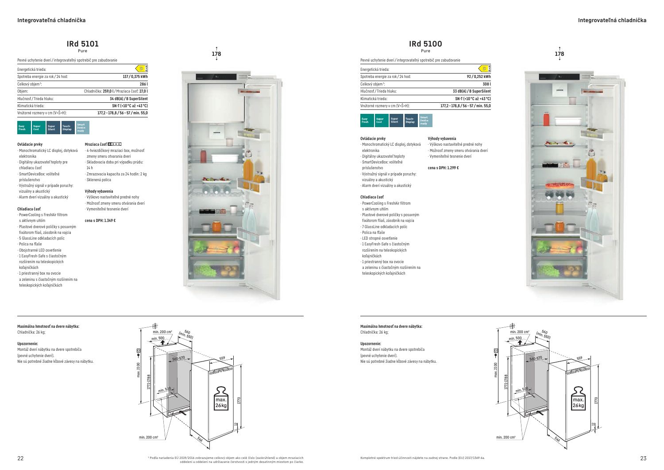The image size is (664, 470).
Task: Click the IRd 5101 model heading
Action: (82, 44)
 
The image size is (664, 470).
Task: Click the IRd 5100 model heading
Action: (425, 44)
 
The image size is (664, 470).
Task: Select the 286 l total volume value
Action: (143, 84)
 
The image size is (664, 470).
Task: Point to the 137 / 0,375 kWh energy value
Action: (135, 77)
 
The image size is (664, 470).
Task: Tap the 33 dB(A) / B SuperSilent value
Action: (471, 91)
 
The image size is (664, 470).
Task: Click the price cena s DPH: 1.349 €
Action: (100, 221)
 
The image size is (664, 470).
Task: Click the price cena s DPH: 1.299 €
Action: (443, 168)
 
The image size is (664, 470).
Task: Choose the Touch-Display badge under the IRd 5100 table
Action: (411, 120)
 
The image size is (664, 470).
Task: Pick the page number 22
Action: (20, 458)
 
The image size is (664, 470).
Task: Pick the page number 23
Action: (643, 458)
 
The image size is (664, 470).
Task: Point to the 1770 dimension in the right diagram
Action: (596, 400)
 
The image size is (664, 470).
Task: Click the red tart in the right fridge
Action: (560, 185)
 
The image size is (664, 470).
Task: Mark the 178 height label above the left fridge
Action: (216, 54)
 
